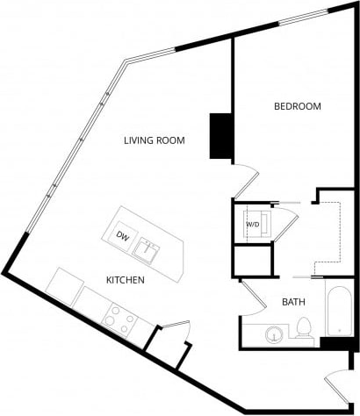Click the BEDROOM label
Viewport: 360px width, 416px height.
(x=298, y=106)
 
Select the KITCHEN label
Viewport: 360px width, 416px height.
(x=126, y=281)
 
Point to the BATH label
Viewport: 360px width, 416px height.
(x=293, y=303)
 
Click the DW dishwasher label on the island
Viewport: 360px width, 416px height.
(x=124, y=237)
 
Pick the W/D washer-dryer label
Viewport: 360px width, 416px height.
(x=253, y=225)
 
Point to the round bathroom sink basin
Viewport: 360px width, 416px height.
(x=277, y=334)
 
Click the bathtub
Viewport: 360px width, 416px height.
(x=339, y=310)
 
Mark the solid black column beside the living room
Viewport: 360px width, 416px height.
(x=220, y=136)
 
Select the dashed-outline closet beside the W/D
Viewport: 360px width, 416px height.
(x=327, y=231)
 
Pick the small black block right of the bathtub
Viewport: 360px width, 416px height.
(x=335, y=343)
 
